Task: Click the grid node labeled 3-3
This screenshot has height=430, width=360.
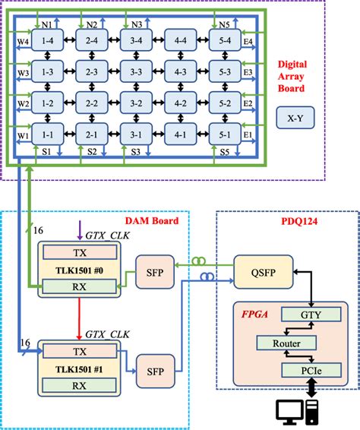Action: [137, 71]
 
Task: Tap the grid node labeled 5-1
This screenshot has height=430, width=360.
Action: [225, 134]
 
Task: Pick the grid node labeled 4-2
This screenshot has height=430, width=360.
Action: [181, 103]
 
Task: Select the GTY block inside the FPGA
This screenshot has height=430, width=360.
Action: [305, 313]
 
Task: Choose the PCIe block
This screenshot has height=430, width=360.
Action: [305, 371]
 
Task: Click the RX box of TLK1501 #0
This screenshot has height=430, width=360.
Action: [80, 286]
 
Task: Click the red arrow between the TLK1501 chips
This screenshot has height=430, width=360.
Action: [79, 318]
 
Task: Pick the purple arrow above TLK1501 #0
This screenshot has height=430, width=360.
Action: [79, 228]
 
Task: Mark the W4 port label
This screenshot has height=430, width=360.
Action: [24, 40]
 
